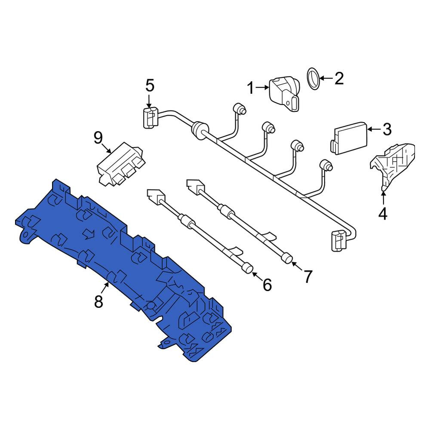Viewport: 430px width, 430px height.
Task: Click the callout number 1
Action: click(251, 88)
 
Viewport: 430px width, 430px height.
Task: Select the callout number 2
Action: click(339, 78)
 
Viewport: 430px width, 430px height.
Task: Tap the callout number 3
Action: click(387, 129)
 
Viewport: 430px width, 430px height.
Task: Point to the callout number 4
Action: click(383, 214)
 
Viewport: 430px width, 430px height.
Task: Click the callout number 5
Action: click(150, 86)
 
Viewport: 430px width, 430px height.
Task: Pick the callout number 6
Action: click(267, 285)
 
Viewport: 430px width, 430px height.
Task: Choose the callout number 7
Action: click(307, 276)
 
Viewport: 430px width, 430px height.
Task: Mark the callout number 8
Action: click(98, 302)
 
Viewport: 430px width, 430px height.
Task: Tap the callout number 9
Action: click(98, 138)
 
